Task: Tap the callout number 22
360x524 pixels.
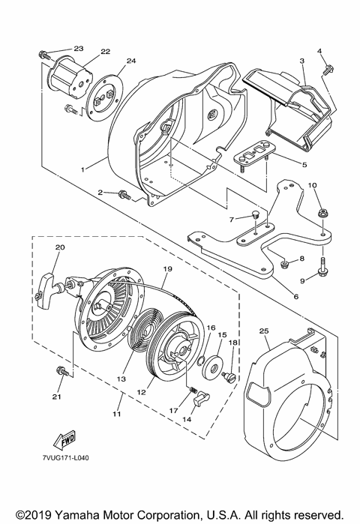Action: (x=106, y=52)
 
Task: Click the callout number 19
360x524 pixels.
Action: (x=167, y=268)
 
